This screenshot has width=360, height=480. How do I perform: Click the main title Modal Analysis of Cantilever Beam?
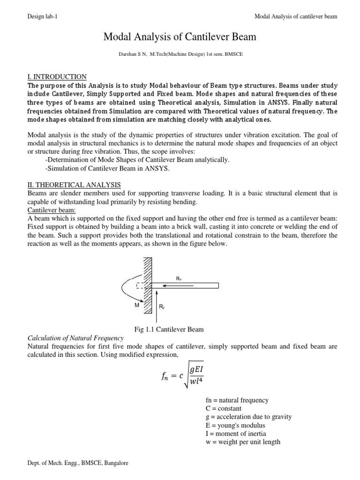(180, 37)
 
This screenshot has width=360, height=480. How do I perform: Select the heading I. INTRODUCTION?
(57, 77)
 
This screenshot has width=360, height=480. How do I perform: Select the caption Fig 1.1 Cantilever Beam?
(169, 329)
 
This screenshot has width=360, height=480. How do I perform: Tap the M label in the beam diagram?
(137, 305)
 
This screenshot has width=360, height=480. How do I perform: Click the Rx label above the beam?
(179, 278)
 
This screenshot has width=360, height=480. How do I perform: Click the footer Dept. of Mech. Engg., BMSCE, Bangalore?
(77, 463)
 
